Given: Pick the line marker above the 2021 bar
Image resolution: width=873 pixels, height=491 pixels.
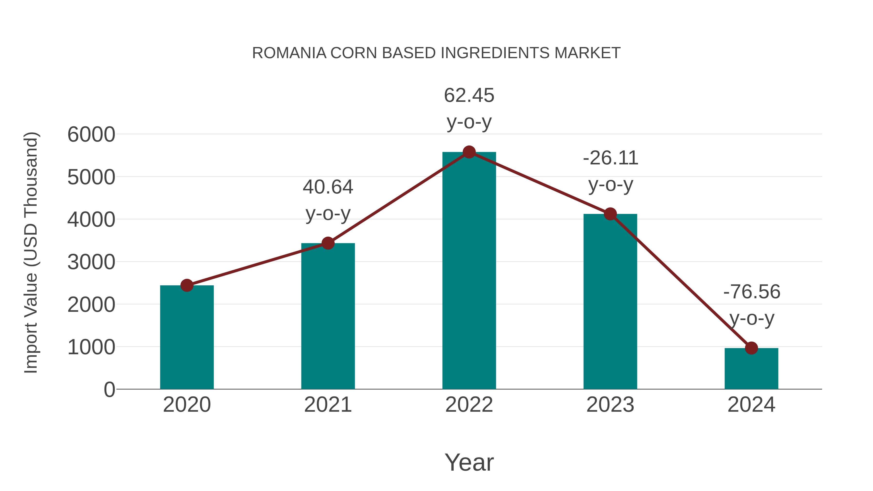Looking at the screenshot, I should [328, 243].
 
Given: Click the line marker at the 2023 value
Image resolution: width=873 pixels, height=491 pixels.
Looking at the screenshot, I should [610, 214].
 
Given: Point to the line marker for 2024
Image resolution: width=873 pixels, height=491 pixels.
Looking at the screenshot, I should [751, 348].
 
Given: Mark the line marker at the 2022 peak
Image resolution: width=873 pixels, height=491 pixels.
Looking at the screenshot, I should [469, 152].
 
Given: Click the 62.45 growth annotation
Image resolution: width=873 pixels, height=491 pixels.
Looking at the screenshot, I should [469, 95].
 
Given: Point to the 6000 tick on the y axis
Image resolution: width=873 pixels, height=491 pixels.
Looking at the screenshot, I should [91, 135].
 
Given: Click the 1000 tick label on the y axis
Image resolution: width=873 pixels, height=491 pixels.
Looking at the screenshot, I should [91, 347].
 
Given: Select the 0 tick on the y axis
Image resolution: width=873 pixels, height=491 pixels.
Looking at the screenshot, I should [109, 389].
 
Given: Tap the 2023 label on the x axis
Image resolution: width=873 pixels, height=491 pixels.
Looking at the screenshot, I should [610, 405].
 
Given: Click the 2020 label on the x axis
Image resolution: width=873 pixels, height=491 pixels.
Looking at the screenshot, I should [187, 405].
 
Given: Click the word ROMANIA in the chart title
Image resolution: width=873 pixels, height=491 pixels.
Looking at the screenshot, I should [289, 53].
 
